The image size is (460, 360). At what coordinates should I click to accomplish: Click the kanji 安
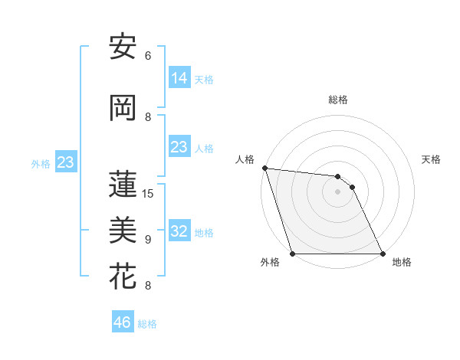coord(123,47)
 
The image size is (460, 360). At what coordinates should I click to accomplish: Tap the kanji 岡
coord(123,108)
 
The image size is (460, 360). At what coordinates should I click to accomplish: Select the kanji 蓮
coord(123,184)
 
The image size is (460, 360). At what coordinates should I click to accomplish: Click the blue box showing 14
coord(179,78)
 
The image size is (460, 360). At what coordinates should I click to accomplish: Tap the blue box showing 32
coord(179,231)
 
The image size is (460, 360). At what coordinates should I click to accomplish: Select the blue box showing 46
coord(123,322)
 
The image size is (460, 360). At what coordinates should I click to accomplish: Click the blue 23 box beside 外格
coord(65,162)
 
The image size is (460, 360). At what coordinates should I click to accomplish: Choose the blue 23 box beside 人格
coord(179,147)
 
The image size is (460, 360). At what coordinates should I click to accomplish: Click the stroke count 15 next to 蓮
coord(148,193)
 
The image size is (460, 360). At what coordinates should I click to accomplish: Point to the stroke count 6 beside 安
coord(148,55)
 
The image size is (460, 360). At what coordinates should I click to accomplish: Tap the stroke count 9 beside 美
coord(148,240)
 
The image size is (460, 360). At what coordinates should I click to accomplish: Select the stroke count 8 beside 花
coord(148,286)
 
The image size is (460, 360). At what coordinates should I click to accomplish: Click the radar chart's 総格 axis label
coord(338,100)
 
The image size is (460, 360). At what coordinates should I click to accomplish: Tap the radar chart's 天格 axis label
coord(432,159)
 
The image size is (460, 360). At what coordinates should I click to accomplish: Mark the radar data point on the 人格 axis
coord(264,168)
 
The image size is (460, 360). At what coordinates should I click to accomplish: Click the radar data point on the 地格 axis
coord(383,253)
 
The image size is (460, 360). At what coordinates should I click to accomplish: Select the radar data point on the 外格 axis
coord(293,253)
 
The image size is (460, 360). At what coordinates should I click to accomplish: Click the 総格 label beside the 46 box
coord(147,324)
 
